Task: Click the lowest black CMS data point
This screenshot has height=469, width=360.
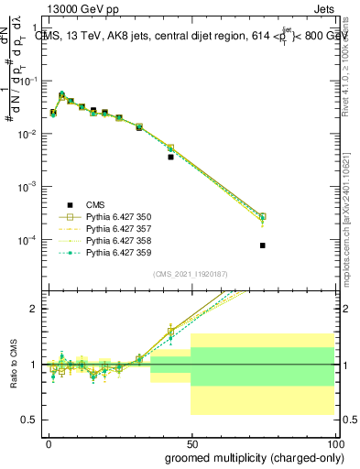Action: click(262, 245)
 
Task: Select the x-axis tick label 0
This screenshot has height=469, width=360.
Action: click(49, 442)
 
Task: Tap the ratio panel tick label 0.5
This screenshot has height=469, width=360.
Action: click(32, 420)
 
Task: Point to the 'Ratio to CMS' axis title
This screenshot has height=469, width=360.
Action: click(13, 364)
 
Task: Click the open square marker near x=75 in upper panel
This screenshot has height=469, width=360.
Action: click(262, 217)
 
